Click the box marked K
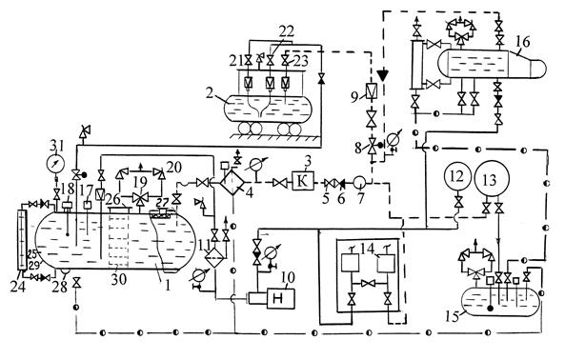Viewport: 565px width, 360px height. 302,182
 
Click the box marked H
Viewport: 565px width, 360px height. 280,299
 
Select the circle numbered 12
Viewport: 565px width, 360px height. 458,176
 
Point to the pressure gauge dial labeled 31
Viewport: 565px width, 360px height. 55,163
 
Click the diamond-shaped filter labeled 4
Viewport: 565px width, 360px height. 233,182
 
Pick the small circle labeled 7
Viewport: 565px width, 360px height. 359,183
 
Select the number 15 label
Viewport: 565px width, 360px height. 453,317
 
